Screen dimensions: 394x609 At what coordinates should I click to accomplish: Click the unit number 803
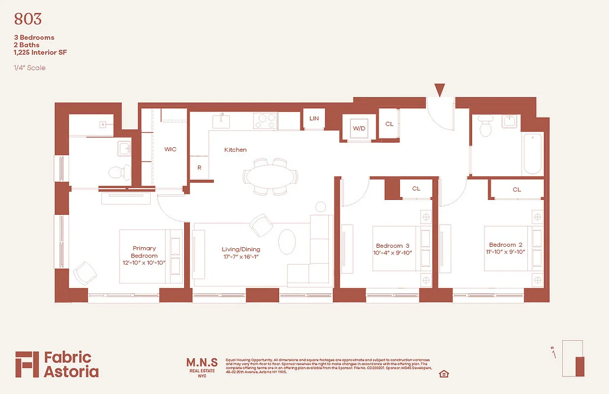click(x=28, y=19)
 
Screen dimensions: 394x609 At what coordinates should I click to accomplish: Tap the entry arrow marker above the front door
click(x=440, y=90)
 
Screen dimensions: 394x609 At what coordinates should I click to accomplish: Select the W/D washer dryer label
click(x=359, y=128)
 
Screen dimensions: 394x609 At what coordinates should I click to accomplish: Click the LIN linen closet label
click(x=314, y=119)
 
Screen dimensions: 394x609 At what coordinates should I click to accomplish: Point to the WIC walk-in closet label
click(x=170, y=149)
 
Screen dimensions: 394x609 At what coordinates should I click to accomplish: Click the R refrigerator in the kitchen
click(x=199, y=167)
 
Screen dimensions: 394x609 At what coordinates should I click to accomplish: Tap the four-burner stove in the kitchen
click(x=265, y=120)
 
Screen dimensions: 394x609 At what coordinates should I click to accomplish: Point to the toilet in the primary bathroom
click(x=119, y=173)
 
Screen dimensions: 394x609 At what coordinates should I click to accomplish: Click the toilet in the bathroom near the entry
click(x=485, y=128)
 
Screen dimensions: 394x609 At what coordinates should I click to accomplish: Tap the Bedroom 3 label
click(x=392, y=245)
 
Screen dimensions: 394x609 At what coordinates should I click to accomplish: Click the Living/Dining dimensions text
click(x=241, y=257)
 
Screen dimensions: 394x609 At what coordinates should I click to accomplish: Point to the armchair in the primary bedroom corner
click(x=85, y=272)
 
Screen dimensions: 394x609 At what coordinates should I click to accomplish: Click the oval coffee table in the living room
click(x=287, y=242)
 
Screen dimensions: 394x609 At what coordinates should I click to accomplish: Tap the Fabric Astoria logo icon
click(x=27, y=364)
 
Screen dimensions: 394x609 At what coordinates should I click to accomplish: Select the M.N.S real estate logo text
click(x=202, y=363)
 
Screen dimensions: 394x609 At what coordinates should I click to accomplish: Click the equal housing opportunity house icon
click(x=444, y=374)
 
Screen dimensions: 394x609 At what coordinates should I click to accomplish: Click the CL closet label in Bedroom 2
click(x=516, y=190)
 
